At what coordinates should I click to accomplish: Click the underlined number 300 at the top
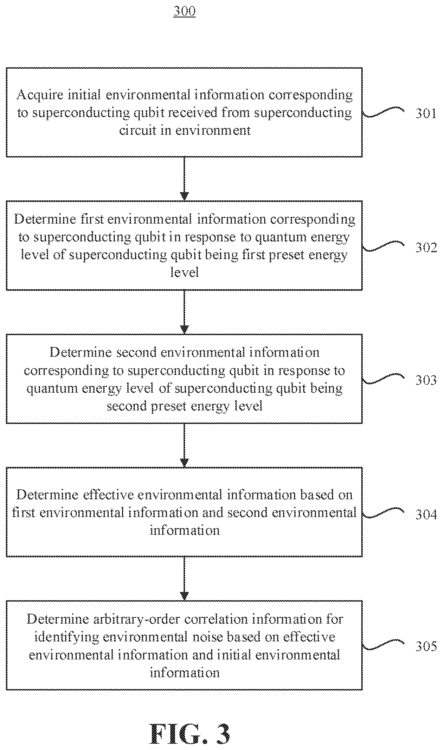pos(184,11)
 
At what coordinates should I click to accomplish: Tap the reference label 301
pos(426,113)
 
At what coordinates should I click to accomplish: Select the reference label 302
pos(426,248)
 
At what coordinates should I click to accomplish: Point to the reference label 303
pos(426,380)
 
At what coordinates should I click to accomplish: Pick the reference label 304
pos(426,514)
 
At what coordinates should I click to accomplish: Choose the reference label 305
pos(426,646)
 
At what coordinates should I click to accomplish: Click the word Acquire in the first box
pos(40,95)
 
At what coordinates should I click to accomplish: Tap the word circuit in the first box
pos(138,130)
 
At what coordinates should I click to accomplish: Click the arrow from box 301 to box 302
pos(184,179)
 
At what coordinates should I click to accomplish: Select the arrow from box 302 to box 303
pos(184,312)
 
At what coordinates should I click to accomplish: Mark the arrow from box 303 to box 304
pos(184,445)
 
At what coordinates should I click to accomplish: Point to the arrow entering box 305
pos(184,578)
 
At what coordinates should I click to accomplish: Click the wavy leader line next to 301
pos(383,113)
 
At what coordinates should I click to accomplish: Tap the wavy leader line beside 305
pos(383,645)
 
